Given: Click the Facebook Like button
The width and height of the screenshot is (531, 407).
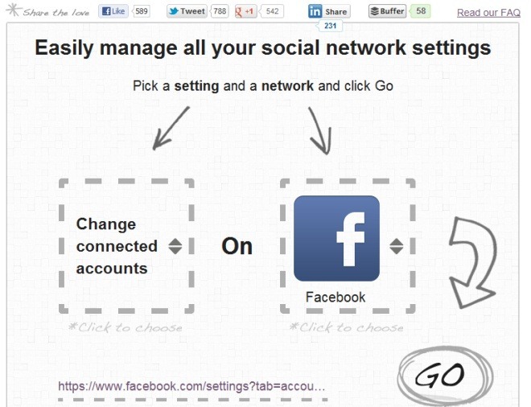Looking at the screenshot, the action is pos(113,11).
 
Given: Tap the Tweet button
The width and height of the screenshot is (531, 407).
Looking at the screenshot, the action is pos(187,11).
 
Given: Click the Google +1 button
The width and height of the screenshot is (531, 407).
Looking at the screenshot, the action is pos(246,11).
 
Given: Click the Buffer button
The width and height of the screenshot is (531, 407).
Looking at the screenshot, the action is pos(388,11).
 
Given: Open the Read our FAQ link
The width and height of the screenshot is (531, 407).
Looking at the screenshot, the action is pos(488,13).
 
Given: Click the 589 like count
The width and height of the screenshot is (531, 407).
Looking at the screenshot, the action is pos(142,11).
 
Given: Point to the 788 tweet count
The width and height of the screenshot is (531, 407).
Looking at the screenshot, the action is pos(220,11).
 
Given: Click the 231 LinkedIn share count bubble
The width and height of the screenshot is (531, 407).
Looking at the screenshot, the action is pos(330,26).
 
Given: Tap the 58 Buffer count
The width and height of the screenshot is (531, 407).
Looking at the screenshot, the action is pos(421,11).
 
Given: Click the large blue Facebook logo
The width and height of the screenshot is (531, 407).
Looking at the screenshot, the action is pos(336,238).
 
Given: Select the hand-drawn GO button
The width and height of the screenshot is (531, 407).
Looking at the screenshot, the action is pos(445,376).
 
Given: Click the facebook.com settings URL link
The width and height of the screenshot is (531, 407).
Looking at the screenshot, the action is pos(191,386).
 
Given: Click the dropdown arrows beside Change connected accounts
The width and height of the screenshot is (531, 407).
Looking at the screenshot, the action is pos(175,246).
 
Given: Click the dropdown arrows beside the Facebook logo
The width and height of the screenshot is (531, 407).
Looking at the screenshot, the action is pos(397,246).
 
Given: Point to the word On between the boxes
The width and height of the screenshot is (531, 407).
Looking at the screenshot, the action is pos(237,246).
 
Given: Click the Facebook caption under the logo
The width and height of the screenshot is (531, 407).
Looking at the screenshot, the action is pos(335,297).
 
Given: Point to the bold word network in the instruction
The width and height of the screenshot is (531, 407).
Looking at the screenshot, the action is pos(287,86).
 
